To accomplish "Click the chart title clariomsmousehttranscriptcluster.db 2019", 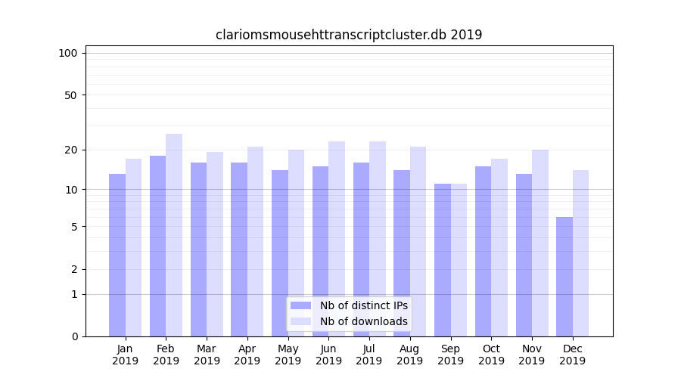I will click(x=349, y=35).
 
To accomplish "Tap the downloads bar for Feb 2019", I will click(x=174, y=235).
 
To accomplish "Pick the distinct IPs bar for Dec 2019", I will click(x=564, y=277).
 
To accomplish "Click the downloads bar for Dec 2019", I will click(x=580, y=253).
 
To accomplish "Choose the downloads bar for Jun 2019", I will click(x=337, y=239).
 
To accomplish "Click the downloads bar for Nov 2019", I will click(x=540, y=243).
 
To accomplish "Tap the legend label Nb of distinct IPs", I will click(x=363, y=305).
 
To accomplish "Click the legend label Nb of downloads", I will click(x=363, y=321).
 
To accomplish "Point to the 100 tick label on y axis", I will click(x=68, y=53).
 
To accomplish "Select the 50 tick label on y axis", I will click(x=71, y=95).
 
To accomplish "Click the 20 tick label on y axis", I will click(x=71, y=150).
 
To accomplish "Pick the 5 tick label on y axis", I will click(x=74, y=227).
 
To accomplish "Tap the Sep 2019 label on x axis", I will click(x=450, y=355).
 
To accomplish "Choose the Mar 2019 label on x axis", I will click(x=207, y=355).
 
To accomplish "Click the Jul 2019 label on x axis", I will click(x=369, y=355).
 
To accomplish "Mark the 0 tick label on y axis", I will click(x=74, y=336).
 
